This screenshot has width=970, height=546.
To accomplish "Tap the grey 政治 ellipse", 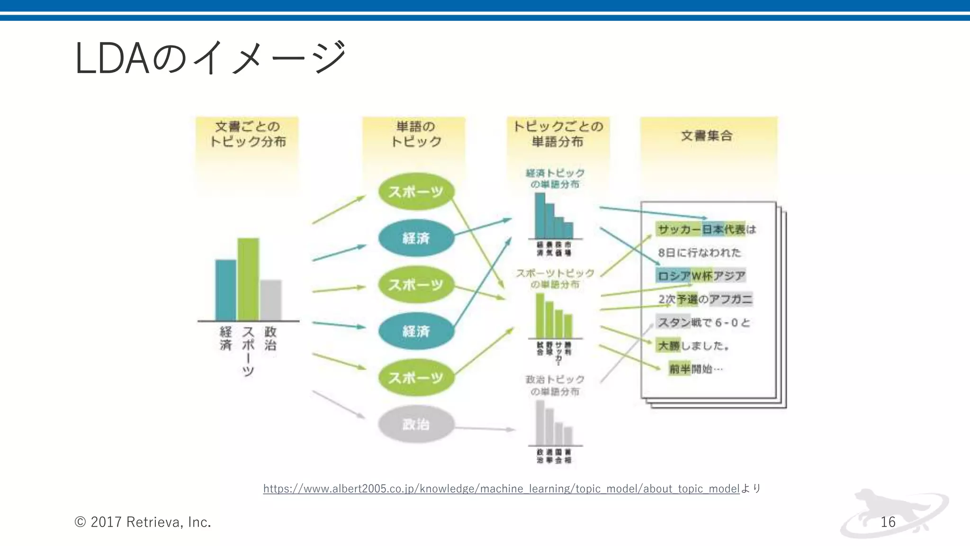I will pyautogui.click(x=416, y=424).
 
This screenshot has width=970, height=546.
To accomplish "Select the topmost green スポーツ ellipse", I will pyautogui.click(x=416, y=192).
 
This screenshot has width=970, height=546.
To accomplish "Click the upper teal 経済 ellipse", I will pyautogui.click(x=416, y=238).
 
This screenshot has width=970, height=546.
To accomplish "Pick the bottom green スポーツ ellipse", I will pyautogui.click(x=416, y=378).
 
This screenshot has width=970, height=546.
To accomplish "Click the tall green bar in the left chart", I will pyautogui.click(x=248, y=280).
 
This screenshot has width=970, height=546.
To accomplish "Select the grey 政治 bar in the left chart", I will pyautogui.click(x=270, y=300).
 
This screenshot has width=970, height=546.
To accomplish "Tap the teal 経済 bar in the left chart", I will pyautogui.click(x=225, y=290).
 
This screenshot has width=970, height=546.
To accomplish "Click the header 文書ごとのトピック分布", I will pyautogui.click(x=247, y=134).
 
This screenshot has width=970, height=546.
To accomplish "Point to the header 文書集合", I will pyautogui.click(x=707, y=136).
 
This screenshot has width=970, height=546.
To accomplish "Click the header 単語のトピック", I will pyautogui.click(x=415, y=134).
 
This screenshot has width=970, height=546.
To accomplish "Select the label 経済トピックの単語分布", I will pyautogui.click(x=555, y=179).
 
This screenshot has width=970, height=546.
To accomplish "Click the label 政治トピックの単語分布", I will pyautogui.click(x=555, y=385).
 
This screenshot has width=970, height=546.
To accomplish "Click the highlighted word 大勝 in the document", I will pyautogui.click(x=668, y=346).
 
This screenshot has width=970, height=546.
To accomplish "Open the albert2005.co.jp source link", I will pyautogui.click(x=501, y=489).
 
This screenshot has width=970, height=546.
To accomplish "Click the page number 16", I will pyautogui.click(x=888, y=522).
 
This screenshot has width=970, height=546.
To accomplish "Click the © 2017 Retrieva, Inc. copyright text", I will pyautogui.click(x=143, y=522).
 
